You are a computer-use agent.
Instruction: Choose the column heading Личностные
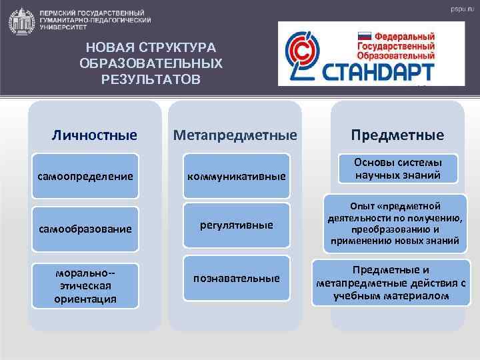[x=95, y=135]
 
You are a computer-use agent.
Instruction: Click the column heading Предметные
[x=397, y=135]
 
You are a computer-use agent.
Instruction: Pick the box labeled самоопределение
[x=85, y=177]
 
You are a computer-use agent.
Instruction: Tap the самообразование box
[x=85, y=229]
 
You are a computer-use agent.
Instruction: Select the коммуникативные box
[x=237, y=177]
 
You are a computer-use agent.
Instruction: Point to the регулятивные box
[x=237, y=225]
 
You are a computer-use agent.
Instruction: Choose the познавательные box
[x=237, y=277]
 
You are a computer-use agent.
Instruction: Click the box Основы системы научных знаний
[x=397, y=168]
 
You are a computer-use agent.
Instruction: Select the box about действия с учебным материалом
[x=391, y=283]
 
